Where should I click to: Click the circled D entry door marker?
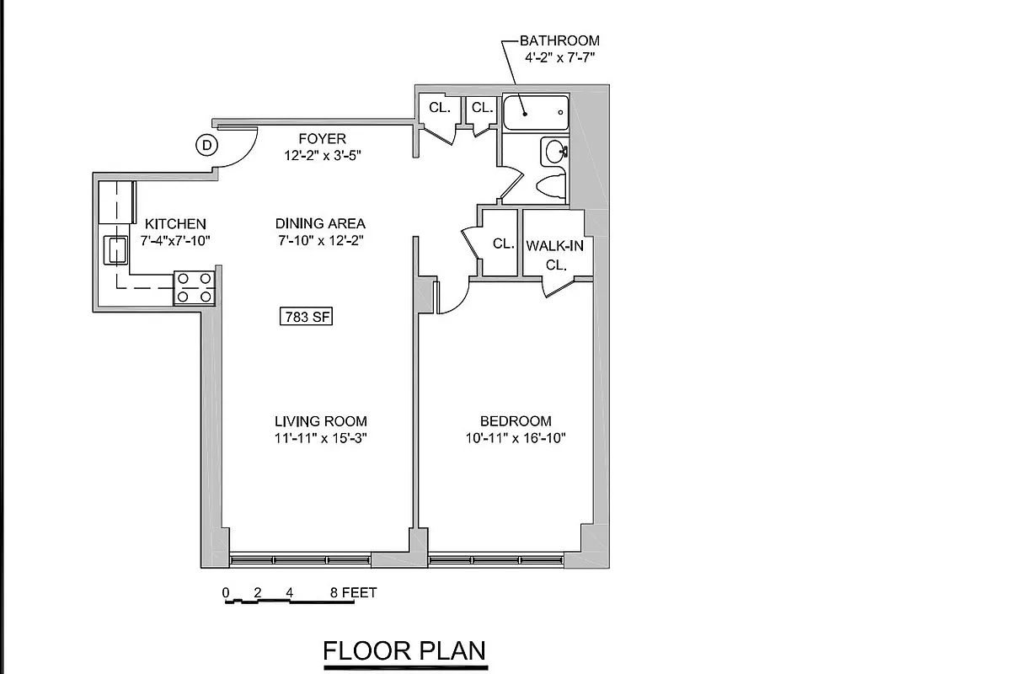click(x=206, y=146)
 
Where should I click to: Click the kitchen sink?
click(x=114, y=249)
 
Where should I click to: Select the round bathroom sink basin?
click(x=555, y=152)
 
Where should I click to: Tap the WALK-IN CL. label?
click(x=554, y=254)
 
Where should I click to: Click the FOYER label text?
click(x=323, y=138)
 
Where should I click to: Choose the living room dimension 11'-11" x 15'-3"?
click(x=321, y=438)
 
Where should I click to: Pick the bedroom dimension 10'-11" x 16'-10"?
click(x=516, y=438)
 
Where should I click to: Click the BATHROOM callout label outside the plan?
click(x=559, y=40)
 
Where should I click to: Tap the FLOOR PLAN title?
click(x=405, y=651)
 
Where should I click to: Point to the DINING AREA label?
click(x=320, y=223)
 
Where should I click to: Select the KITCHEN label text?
click(x=175, y=224)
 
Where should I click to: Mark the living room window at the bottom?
click(x=300, y=559)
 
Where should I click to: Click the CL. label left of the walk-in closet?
click(x=504, y=244)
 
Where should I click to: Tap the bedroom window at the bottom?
click(x=496, y=559)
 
